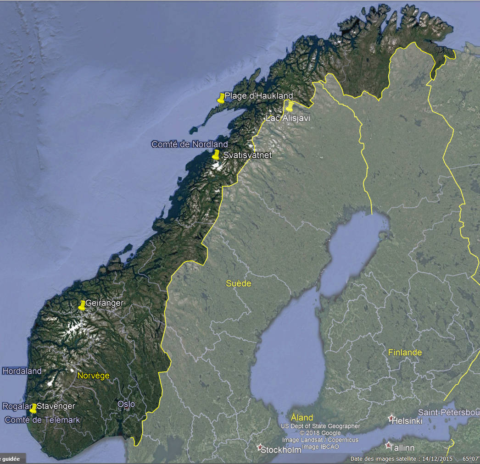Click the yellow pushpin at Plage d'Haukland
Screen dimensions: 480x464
coord(221,98)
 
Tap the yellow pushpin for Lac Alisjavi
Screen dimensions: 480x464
coord(290,107)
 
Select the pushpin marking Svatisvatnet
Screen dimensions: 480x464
coord(216,155)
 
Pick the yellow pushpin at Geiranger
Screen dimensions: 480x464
coord(82,305)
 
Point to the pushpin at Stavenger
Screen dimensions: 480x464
coord(33,408)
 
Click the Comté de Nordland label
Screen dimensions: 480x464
coord(190,144)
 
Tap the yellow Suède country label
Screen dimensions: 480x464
coord(239,283)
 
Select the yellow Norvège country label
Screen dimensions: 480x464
coord(94,376)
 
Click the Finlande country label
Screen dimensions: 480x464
coord(405,353)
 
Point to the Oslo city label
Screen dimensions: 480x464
coord(126,404)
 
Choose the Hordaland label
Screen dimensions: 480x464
coord(22,371)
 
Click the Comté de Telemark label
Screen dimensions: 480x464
coord(42,420)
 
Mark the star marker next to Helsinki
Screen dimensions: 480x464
coord(391,418)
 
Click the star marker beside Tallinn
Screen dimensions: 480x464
coord(389,445)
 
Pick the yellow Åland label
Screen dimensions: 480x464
coord(302,417)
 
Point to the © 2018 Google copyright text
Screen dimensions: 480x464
coord(320,433)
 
